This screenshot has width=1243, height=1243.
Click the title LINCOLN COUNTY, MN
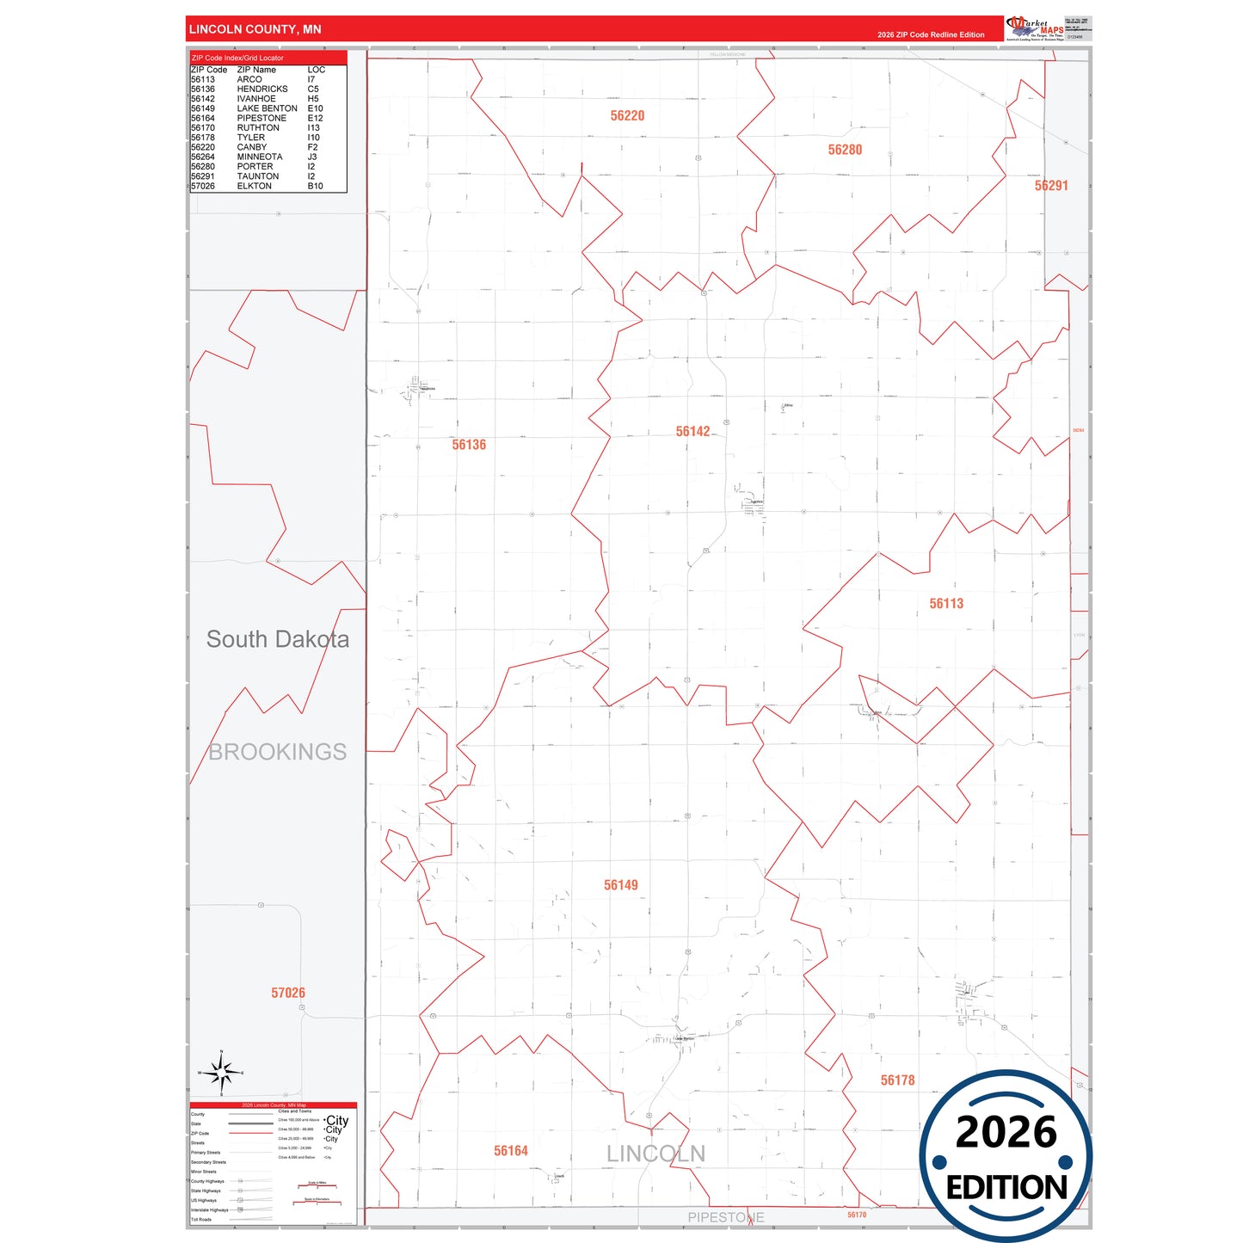pos(255,29)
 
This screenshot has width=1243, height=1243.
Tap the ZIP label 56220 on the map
pos(627,116)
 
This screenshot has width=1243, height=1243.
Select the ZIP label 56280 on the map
pos(845,150)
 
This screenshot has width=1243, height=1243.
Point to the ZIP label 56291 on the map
pos(1050,186)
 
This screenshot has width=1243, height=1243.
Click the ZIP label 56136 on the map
pos(469,445)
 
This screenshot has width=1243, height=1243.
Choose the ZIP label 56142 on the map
pos(692,432)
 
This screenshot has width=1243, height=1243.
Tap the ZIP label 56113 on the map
pos(946,604)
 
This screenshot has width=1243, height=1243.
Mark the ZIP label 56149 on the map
pos(620,885)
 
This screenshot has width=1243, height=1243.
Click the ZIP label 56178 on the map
pos(897,1080)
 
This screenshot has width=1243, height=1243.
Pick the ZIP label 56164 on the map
pos(510,1151)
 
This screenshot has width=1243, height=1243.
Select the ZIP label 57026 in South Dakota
pos(288,993)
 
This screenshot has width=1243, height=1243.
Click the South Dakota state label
pos(277,639)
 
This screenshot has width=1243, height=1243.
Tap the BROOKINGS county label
pos(278,752)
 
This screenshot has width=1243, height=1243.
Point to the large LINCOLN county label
pos(655,1154)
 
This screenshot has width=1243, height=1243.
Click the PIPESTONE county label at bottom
pos(725,1217)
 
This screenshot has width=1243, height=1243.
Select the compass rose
pos(221,1073)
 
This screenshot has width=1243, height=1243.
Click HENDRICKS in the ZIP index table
pos(262,89)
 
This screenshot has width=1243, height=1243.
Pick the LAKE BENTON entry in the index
pos(267,108)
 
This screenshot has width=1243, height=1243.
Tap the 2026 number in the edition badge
pos(1006,1132)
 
